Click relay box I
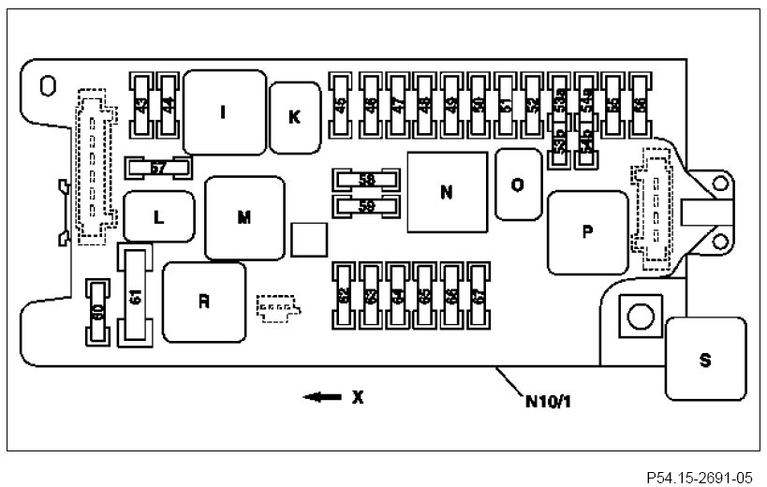(x=223, y=112)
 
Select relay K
(x=294, y=116)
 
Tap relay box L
(x=159, y=217)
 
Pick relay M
(x=244, y=217)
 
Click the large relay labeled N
(x=447, y=192)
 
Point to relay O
(x=517, y=184)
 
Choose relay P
(x=587, y=232)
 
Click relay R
(x=203, y=302)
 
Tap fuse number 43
(x=143, y=107)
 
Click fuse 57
(x=158, y=168)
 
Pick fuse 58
(x=367, y=179)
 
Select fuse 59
(x=367, y=205)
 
